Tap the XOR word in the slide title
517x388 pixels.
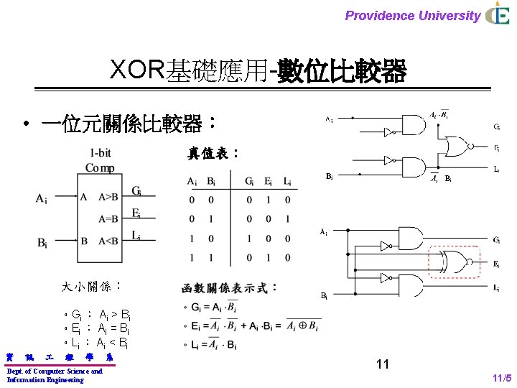coord(137,70)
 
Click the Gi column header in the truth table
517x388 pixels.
coord(248,180)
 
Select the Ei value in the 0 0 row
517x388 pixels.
coord(268,200)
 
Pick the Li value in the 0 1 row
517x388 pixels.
coord(287,219)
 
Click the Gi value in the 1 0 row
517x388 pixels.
coord(248,239)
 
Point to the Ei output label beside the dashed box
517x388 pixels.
coord(496,264)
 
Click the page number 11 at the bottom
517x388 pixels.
coord(382,364)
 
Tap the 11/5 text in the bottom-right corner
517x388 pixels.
coord(501,378)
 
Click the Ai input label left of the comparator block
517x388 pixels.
coord(41,198)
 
